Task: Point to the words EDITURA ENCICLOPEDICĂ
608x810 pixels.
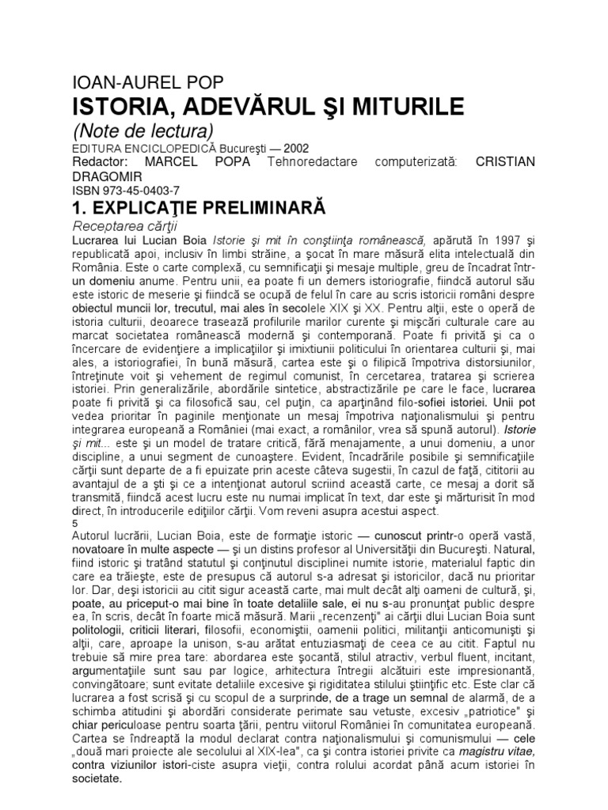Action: pos(132,147)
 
